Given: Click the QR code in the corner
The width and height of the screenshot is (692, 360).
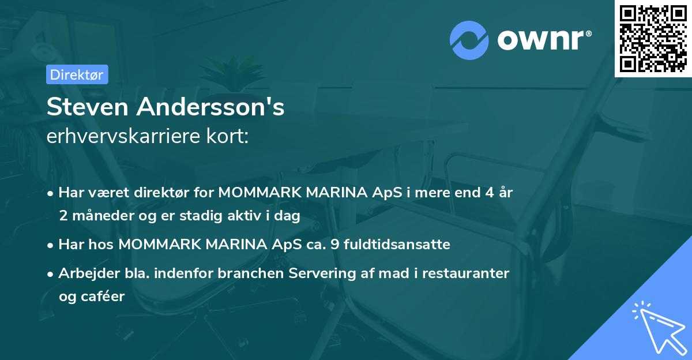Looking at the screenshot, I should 653,38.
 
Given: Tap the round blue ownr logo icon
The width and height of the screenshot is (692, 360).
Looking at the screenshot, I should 469,40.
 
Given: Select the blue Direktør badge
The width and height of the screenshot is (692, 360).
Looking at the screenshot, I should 77,74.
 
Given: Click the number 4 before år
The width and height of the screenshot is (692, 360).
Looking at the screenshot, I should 486,193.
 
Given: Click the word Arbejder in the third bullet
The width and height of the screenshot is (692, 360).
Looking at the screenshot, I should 84,273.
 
